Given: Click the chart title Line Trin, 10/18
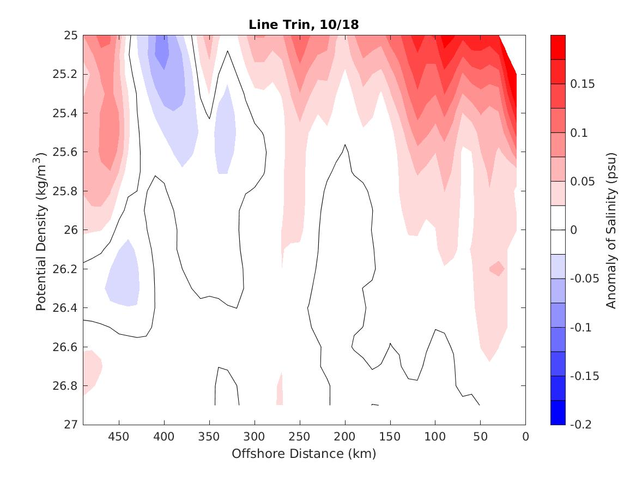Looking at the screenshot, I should pos(304,25).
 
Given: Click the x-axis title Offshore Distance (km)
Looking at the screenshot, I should pos(304,454).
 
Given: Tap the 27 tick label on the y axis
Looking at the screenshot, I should pos(72,425).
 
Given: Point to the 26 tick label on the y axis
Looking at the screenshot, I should pos(72,230).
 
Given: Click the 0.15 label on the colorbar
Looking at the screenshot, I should pos(583,84).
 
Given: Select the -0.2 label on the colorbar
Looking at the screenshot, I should pos(583,425).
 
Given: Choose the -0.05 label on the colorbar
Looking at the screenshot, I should pos(584,279).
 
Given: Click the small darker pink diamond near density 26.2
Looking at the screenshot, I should pos(496,268).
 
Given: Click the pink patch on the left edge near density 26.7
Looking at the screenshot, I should pos(90,371).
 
